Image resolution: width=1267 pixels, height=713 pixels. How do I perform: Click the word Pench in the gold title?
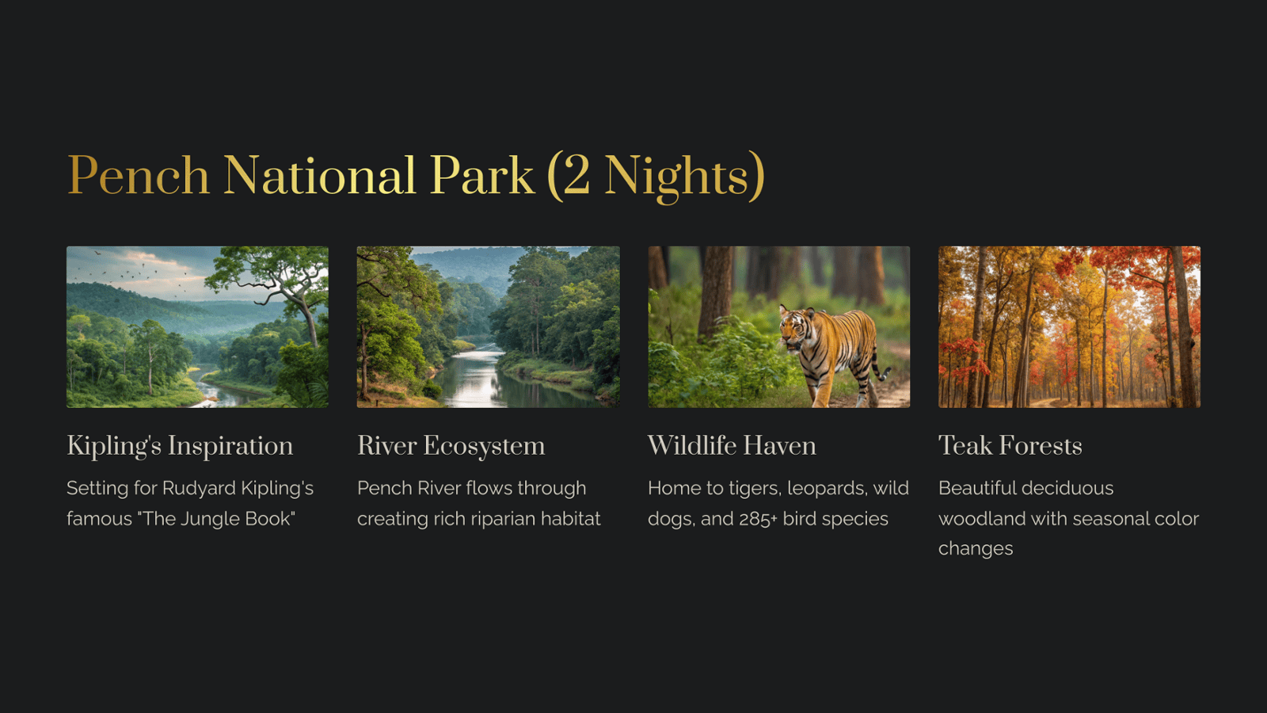click(x=139, y=175)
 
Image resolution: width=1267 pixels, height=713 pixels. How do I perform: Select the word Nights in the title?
click(x=676, y=177)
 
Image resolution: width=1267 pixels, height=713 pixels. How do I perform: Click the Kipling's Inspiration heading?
click(x=180, y=446)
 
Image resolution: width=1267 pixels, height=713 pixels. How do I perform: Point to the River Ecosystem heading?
click(x=451, y=446)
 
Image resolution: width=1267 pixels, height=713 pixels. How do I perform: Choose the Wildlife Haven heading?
click(x=732, y=445)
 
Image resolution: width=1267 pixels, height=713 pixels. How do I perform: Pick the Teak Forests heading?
click(x=1010, y=445)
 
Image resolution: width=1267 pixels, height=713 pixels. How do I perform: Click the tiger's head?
click(x=795, y=326)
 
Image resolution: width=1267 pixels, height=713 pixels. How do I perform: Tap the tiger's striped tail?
click(x=880, y=368)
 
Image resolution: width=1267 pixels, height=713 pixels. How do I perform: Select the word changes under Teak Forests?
click(x=976, y=549)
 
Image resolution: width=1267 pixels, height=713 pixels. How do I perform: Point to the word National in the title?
click(x=320, y=175)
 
